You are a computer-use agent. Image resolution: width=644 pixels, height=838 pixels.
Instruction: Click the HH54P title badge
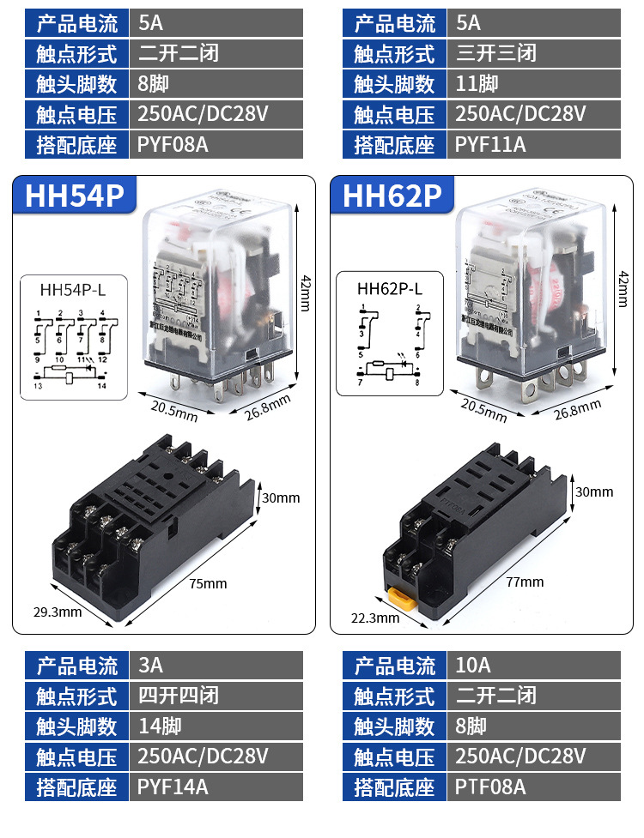pyautogui.click(x=76, y=196)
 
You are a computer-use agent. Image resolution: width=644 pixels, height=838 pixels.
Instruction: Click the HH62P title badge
pyautogui.click(x=392, y=196)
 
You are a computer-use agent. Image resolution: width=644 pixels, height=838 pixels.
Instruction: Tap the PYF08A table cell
pyautogui.click(x=216, y=144)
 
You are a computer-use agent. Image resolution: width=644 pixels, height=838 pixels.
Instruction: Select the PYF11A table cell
pyautogui.click(x=533, y=144)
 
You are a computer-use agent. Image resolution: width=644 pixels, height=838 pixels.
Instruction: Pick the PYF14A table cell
pyautogui.click(x=216, y=786)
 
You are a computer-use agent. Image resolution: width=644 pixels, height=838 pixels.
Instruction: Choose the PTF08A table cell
pyautogui.click(x=533, y=786)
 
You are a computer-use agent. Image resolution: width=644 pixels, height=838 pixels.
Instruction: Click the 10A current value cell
pyautogui.click(x=533, y=666)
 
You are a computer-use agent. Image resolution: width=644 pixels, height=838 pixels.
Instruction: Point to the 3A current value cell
pyautogui.click(x=216, y=666)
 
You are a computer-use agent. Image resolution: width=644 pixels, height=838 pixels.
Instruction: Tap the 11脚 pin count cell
pyautogui.click(x=533, y=83)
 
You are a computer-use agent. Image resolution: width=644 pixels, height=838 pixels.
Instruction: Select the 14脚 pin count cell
pyautogui.click(x=216, y=726)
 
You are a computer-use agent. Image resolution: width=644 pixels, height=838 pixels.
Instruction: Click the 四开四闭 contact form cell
pyautogui.click(x=216, y=696)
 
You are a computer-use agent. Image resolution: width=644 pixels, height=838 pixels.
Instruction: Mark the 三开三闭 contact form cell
pyautogui.click(x=533, y=53)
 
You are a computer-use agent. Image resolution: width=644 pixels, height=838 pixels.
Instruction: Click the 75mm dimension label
pyautogui.click(x=209, y=583)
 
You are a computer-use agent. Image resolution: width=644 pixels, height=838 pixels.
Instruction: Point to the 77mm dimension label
pyautogui.click(x=526, y=582)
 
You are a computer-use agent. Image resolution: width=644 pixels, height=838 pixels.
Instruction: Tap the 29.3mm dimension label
pyautogui.click(x=58, y=612)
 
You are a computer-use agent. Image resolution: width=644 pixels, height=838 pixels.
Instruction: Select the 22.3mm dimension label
pyautogui.click(x=375, y=618)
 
